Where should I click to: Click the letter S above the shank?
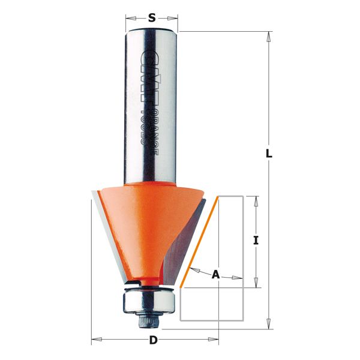tap(152, 18)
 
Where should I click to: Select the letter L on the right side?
tap(269, 154)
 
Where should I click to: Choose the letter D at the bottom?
tap(154, 341)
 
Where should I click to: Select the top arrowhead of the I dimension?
tap(256, 200)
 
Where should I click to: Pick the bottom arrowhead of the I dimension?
tap(256, 284)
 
